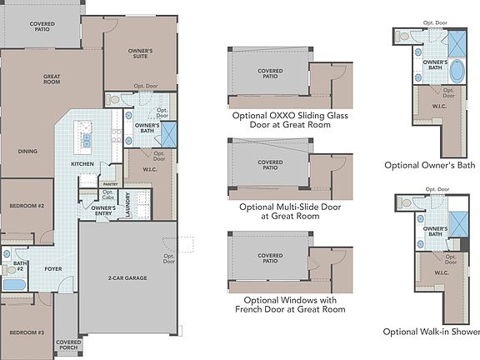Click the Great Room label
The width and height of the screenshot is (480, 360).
[x=52, y=79]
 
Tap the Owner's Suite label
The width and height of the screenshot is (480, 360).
[x=140, y=54]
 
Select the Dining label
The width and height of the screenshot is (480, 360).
[x=27, y=152]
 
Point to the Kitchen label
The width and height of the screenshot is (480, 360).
[x=82, y=164]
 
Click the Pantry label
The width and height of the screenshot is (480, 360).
[x=108, y=184]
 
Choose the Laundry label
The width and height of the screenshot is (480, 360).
[x=128, y=205]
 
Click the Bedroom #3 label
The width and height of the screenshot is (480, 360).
[x=26, y=332]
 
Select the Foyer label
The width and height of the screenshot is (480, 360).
[x=53, y=269]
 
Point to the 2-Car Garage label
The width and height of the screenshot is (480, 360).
[x=127, y=277]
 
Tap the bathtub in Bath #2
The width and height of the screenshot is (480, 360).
[x=14, y=284]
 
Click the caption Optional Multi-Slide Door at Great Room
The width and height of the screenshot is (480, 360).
[x=279, y=211]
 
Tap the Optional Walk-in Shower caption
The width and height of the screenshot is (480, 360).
[x=431, y=332]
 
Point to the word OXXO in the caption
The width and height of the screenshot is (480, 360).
[x=272, y=116]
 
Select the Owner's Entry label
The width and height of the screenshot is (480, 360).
[x=103, y=210]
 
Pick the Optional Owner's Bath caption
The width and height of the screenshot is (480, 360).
[x=429, y=165]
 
